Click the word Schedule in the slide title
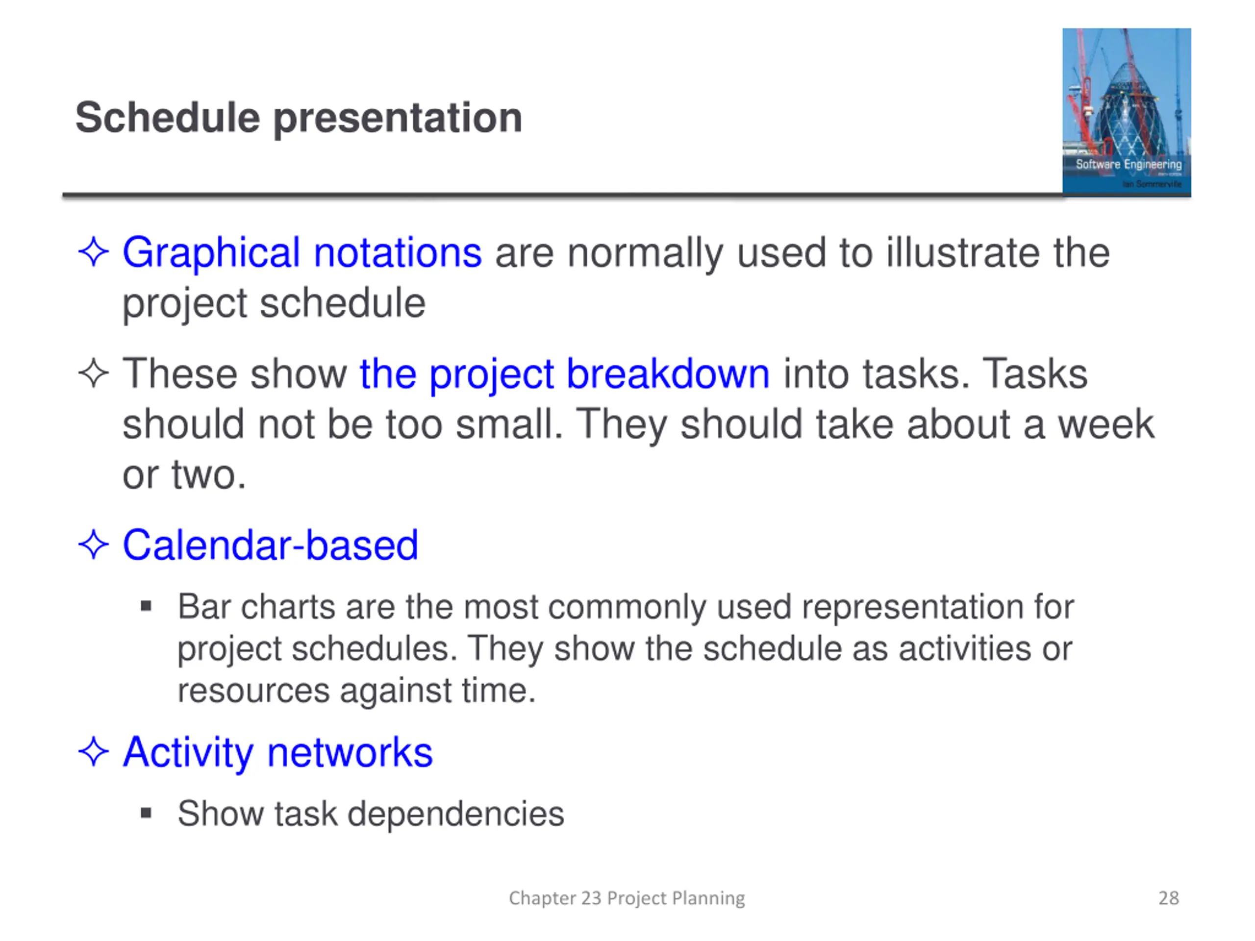click(168, 118)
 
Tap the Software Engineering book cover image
click(1126, 112)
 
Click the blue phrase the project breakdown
click(565, 375)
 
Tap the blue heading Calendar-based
click(270, 545)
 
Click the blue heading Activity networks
click(278, 753)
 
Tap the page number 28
click(1168, 898)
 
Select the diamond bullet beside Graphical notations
click(94, 252)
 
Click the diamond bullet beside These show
click(94, 374)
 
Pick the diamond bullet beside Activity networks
click(94, 752)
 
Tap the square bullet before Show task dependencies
click(147, 814)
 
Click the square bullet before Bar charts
click(147, 607)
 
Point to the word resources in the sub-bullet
click(253, 692)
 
